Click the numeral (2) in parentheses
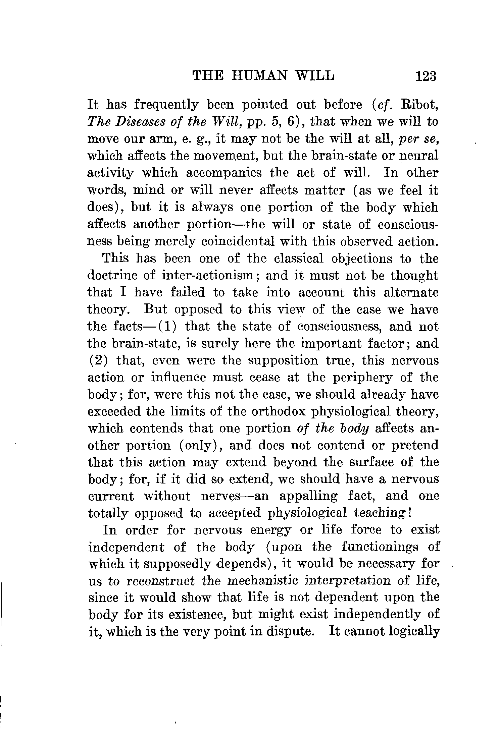(98, 361)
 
